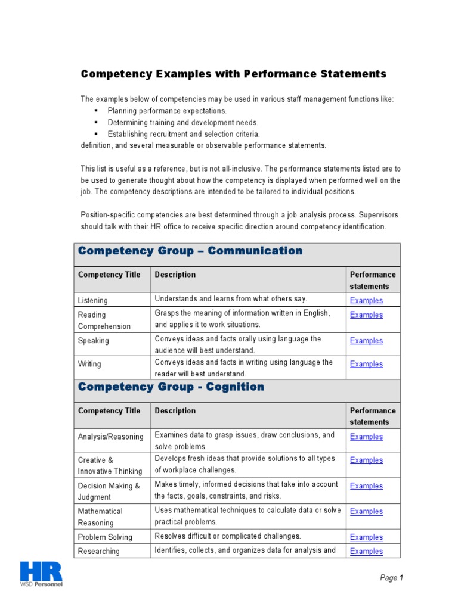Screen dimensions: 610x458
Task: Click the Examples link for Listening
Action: click(366, 301)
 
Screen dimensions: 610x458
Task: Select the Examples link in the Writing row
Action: click(366, 364)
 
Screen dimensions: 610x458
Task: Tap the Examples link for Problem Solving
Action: click(366, 537)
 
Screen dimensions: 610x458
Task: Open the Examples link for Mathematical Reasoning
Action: click(366, 511)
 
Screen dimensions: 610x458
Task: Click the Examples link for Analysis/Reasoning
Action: click(366, 437)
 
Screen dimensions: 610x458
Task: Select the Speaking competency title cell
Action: click(94, 341)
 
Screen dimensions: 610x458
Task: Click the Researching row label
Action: click(99, 552)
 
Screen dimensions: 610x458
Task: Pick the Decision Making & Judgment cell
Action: click(109, 491)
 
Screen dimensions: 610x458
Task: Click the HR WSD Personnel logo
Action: click(41, 574)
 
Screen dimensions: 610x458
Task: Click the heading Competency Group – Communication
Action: click(190, 251)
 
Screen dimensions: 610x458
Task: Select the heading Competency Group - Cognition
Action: click(171, 387)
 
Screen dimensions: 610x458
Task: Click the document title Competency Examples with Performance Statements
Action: click(234, 74)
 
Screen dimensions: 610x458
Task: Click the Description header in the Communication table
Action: click(175, 275)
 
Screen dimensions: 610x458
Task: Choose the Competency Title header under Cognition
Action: click(109, 410)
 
